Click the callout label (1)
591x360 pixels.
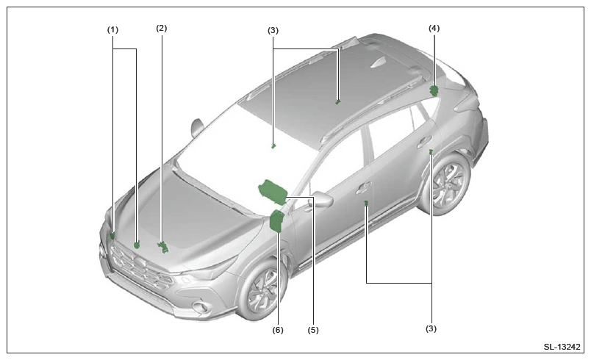112,29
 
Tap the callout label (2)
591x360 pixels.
162,28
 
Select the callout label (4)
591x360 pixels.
434,28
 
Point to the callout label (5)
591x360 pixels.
313,331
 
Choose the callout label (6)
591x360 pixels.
278,331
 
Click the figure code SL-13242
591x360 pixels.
562,347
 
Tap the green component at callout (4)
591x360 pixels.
434,91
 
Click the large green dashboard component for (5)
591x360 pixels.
273,191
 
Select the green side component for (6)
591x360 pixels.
277,220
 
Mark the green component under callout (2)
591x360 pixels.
163,248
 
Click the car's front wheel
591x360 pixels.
262,289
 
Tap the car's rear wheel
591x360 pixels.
448,184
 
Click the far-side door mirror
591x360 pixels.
197,128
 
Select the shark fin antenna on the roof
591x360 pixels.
379,64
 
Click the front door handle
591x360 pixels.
364,186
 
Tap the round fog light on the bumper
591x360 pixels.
198,306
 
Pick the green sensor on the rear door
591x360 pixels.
431,151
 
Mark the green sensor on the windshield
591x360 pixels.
273,146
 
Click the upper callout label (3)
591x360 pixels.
273,31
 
